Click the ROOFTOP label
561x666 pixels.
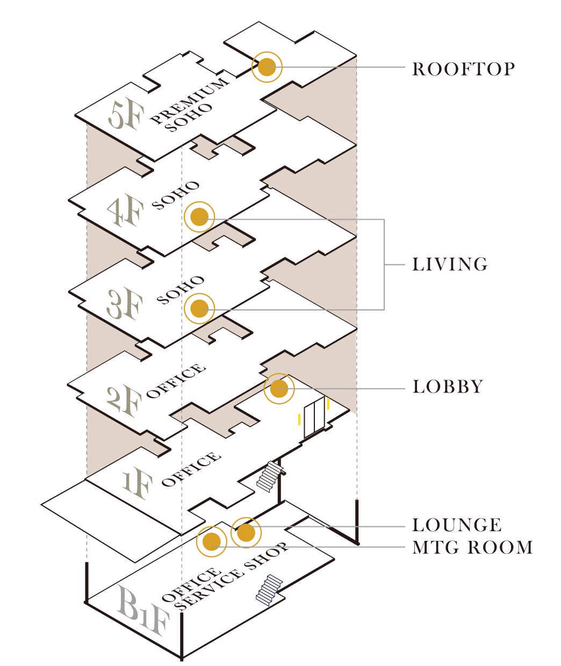point(463,69)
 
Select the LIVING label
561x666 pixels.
point(450,265)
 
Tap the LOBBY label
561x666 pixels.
point(448,387)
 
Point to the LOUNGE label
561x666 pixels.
point(457,525)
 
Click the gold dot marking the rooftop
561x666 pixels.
point(267,67)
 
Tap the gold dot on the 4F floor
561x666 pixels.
point(199,217)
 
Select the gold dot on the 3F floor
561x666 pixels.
point(199,309)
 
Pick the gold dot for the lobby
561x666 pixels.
point(279,388)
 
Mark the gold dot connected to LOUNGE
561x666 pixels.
point(246,532)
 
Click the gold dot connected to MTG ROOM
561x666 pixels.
point(212,541)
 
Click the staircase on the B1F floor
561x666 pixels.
point(269,590)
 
